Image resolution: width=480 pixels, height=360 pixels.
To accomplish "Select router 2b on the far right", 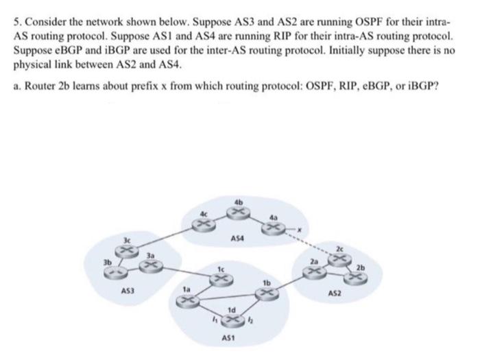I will click(x=357, y=276).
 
